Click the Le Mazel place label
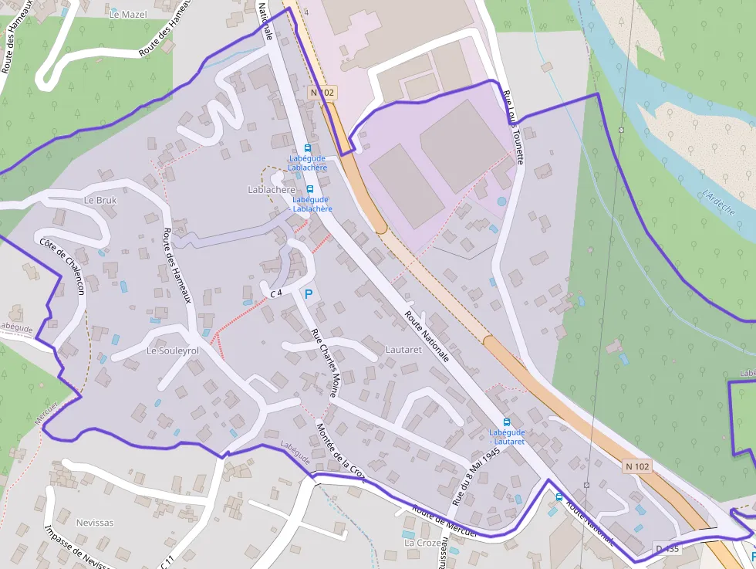click(x=128, y=14)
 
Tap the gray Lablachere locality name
click(x=271, y=189)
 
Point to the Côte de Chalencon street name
click(x=62, y=266)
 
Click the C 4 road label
click(x=277, y=293)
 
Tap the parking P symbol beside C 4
click(x=309, y=294)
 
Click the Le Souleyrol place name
click(x=172, y=351)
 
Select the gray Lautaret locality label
click(x=403, y=350)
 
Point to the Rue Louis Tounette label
click(x=514, y=127)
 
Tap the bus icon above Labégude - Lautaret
click(x=506, y=422)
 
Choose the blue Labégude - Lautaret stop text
click(x=507, y=437)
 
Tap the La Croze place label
click(x=423, y=543)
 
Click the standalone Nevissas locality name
click(x=95, y=523)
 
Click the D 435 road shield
click(x=668, y=549)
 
